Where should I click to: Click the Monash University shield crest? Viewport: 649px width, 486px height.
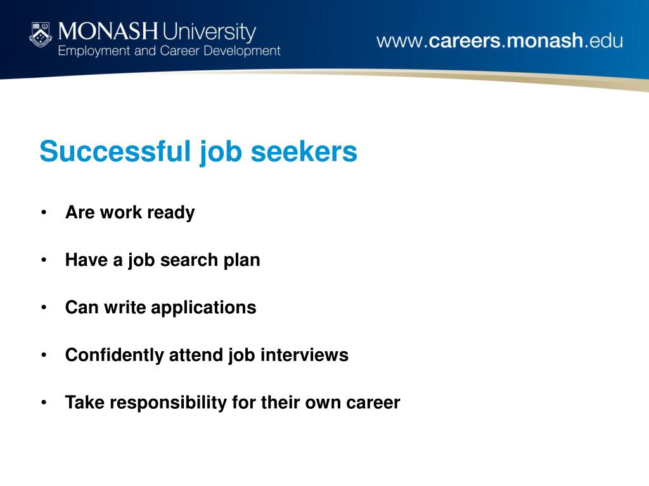pyautogui.click(x=41, y=35)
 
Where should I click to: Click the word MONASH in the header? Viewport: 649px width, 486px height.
pyautogui.click(x=108, y=32)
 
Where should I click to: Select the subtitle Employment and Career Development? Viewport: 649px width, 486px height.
pyautogui.click(x=169, y=51)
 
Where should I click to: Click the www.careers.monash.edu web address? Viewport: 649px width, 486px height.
pyautogui.click(x=499, y=41)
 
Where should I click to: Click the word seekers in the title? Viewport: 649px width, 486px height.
pyautogui.click(x=304, y=151)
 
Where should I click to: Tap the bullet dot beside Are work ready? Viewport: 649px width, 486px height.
pyautogui.click(x=44, y=213)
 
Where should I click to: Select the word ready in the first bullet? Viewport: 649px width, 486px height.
pyautogui.click(x=171, y=213)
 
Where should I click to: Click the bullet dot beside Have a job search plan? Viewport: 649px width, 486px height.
pyautogui.click(x=44, y=260)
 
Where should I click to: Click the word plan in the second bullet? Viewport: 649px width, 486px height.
pyautogui.click(x=241, y=261)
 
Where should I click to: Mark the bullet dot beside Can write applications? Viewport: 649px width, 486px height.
pyautogui.click(x=44, y=308)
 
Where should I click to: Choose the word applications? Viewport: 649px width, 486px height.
pyautogui.click(x=203, y=308)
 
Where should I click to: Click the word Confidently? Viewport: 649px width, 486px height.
pyautogui.click(x=115, y=356)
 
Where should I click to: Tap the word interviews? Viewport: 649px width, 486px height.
pyautogui.click(x=305, y=355)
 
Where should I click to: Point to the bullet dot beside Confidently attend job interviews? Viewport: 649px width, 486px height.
pyautogui.click(x=44, y=355)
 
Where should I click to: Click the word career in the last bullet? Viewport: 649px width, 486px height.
pyautogui.click(x=373, y=403)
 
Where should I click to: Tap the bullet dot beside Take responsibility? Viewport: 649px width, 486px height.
pyautogui.click(x=44, y=402)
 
